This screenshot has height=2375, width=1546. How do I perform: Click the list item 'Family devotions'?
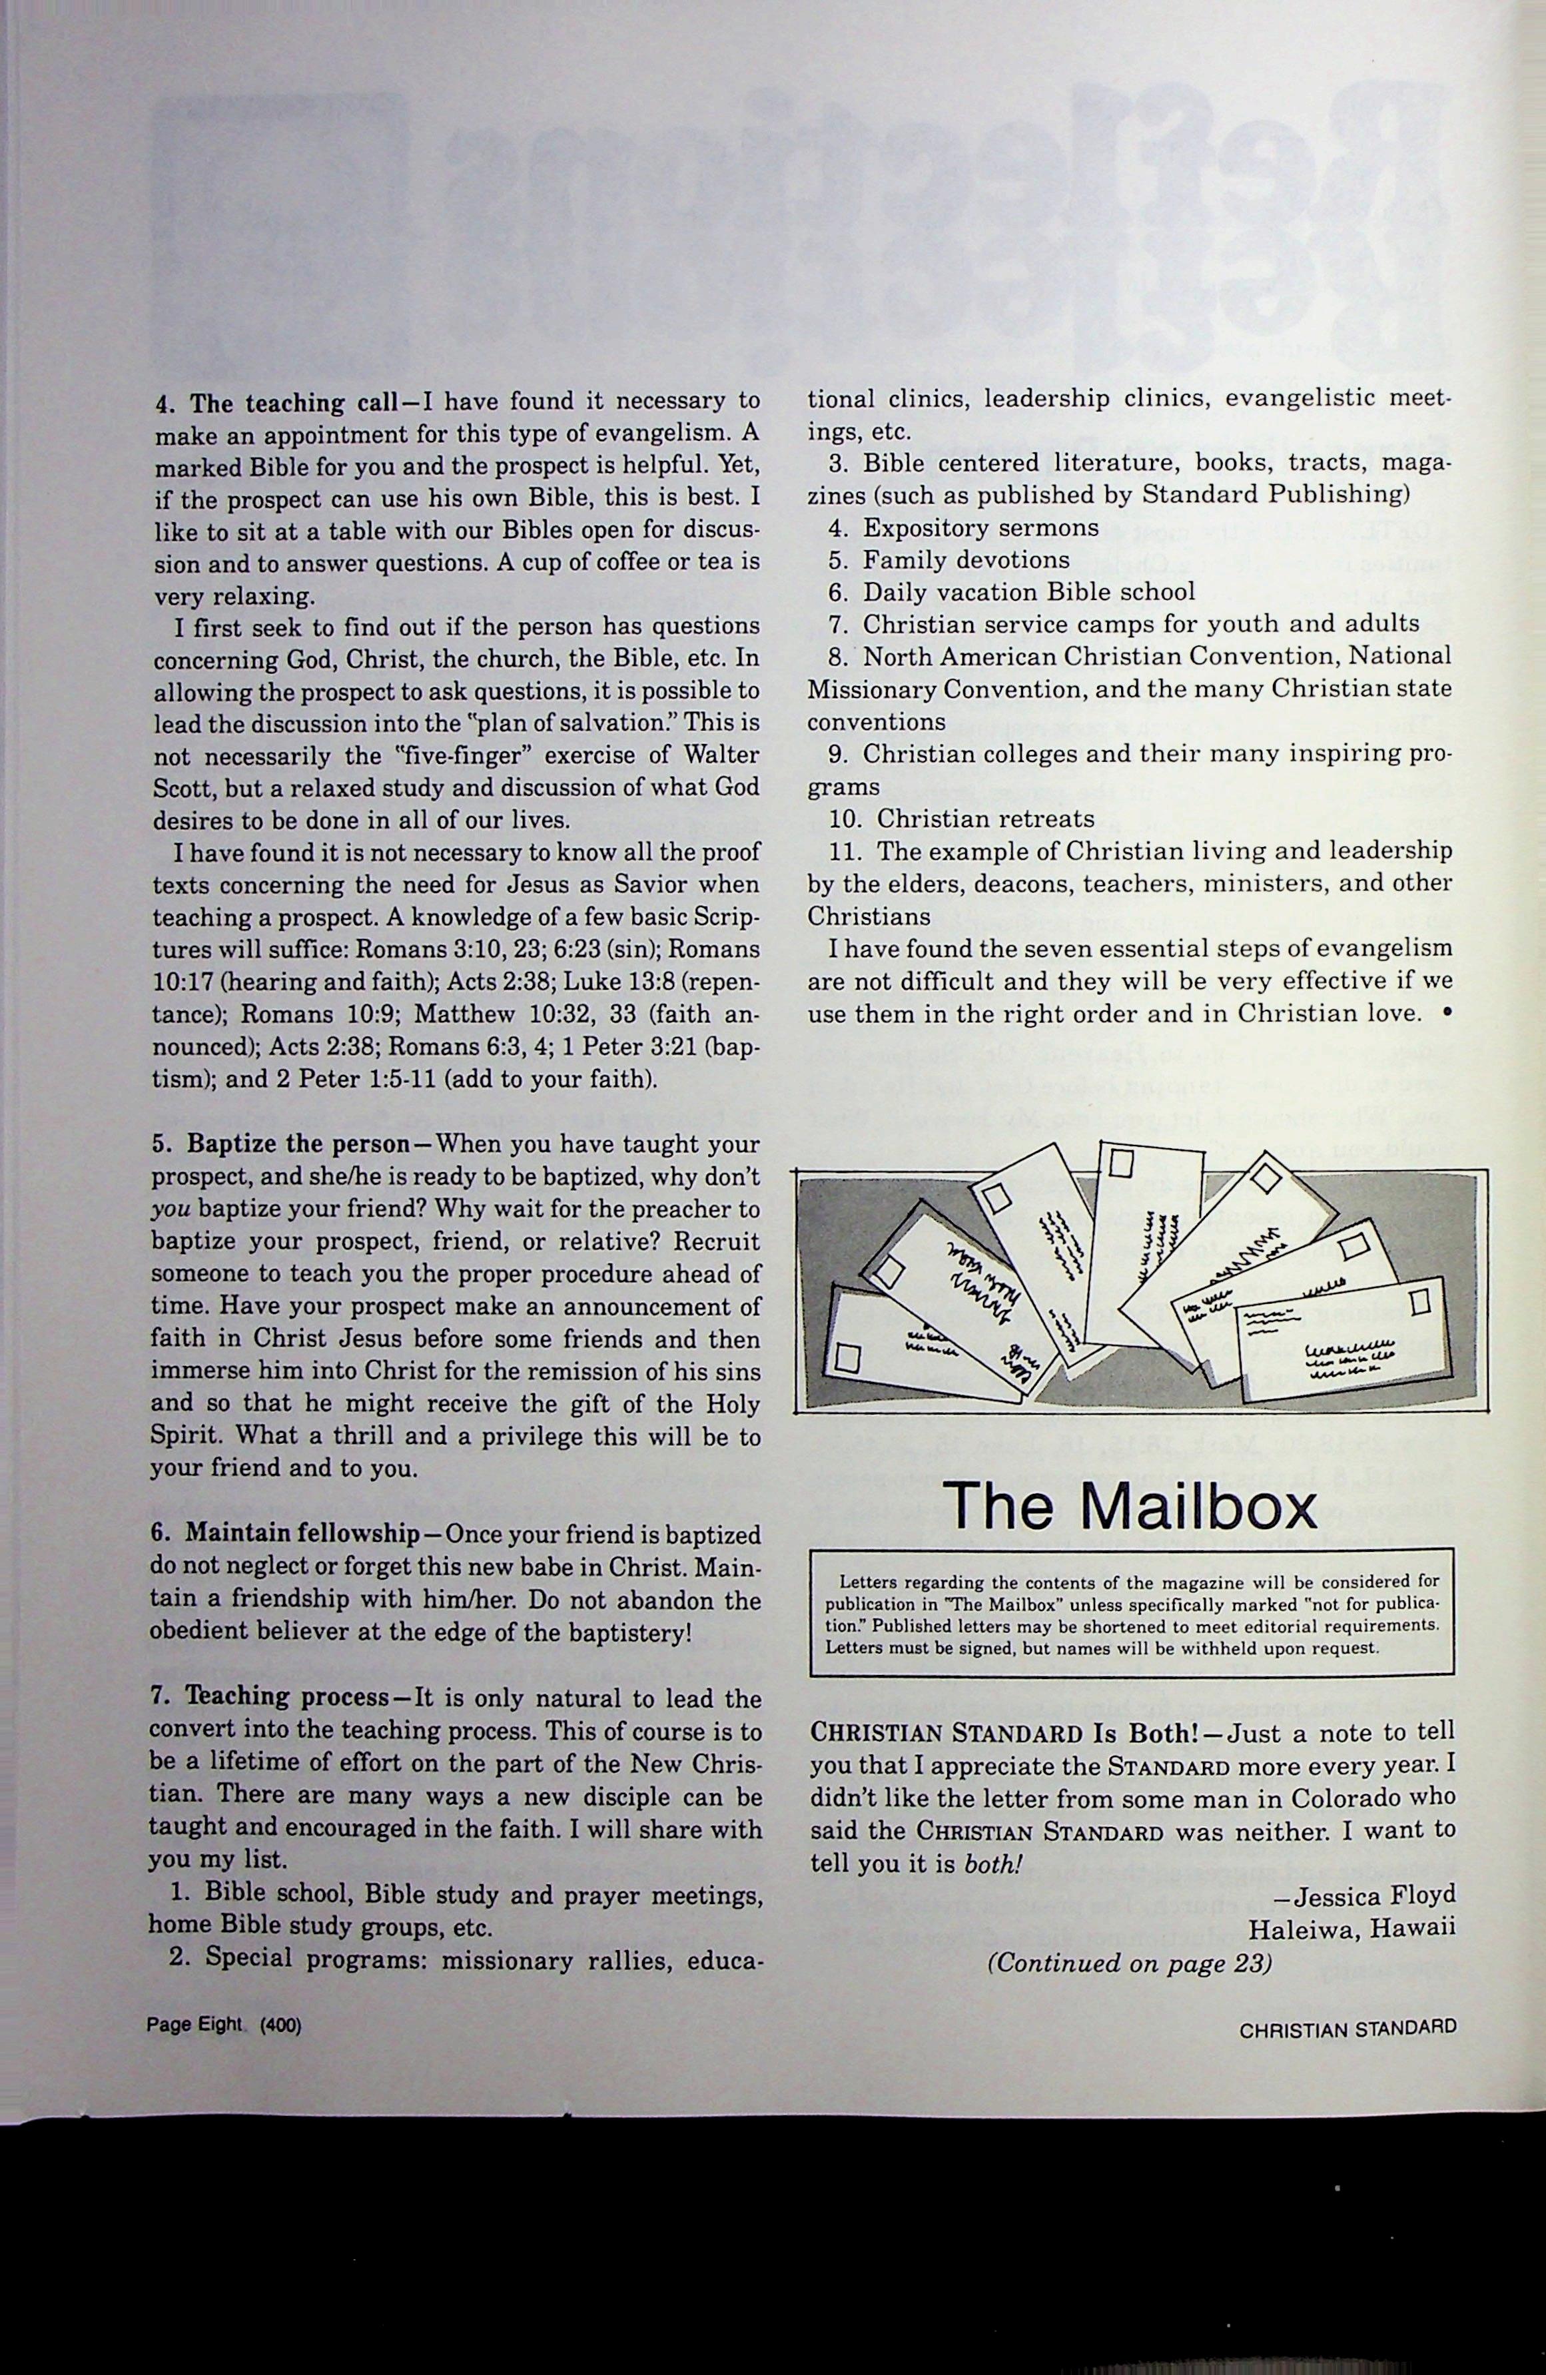point(966,560)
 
